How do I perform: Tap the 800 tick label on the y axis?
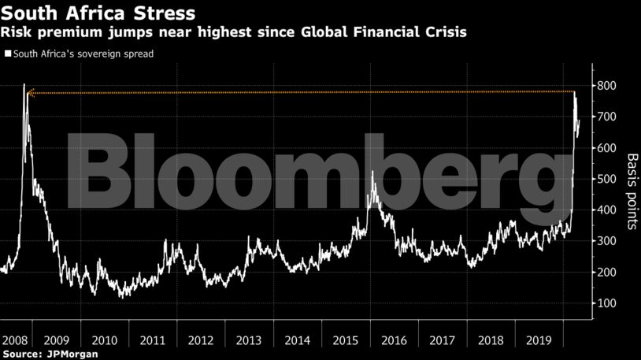point(606,86)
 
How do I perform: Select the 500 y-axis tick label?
point(606,180)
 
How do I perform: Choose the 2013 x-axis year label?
point(248,341)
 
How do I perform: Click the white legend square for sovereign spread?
point(8,54)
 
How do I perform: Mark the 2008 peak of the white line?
point(24,84)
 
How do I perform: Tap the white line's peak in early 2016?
point(372,171)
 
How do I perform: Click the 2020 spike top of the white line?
point(574,93)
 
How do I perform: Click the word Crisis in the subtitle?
point(443,33)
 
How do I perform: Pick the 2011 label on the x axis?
point(153,341)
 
